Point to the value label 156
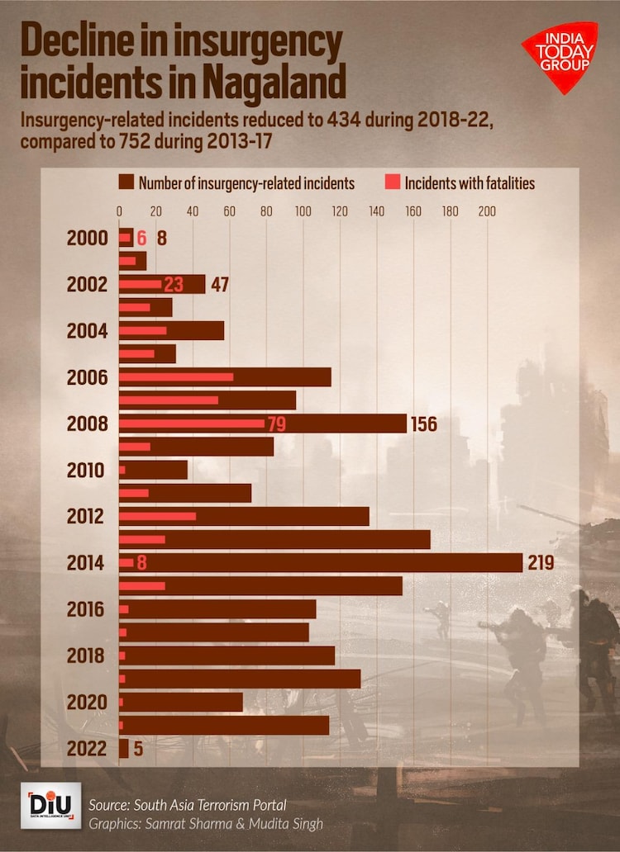pyautogui.click(x=422, y=424)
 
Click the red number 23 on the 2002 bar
pyautogui.click(x=173, y=285)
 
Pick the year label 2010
pyautogui.click(x=86, y=471)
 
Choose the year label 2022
pyautogui.click(x=86, y=749)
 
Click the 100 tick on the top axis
pyautogui.click(x=303, y=211)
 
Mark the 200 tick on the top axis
pyautogui.click(x=487, y=211)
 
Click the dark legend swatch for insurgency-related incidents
pyautogui.click(x=126, y=182)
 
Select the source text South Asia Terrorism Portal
pyautogui.click(x=207, y=804)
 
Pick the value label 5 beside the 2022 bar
pyautogui.click(x=139, y=749)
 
